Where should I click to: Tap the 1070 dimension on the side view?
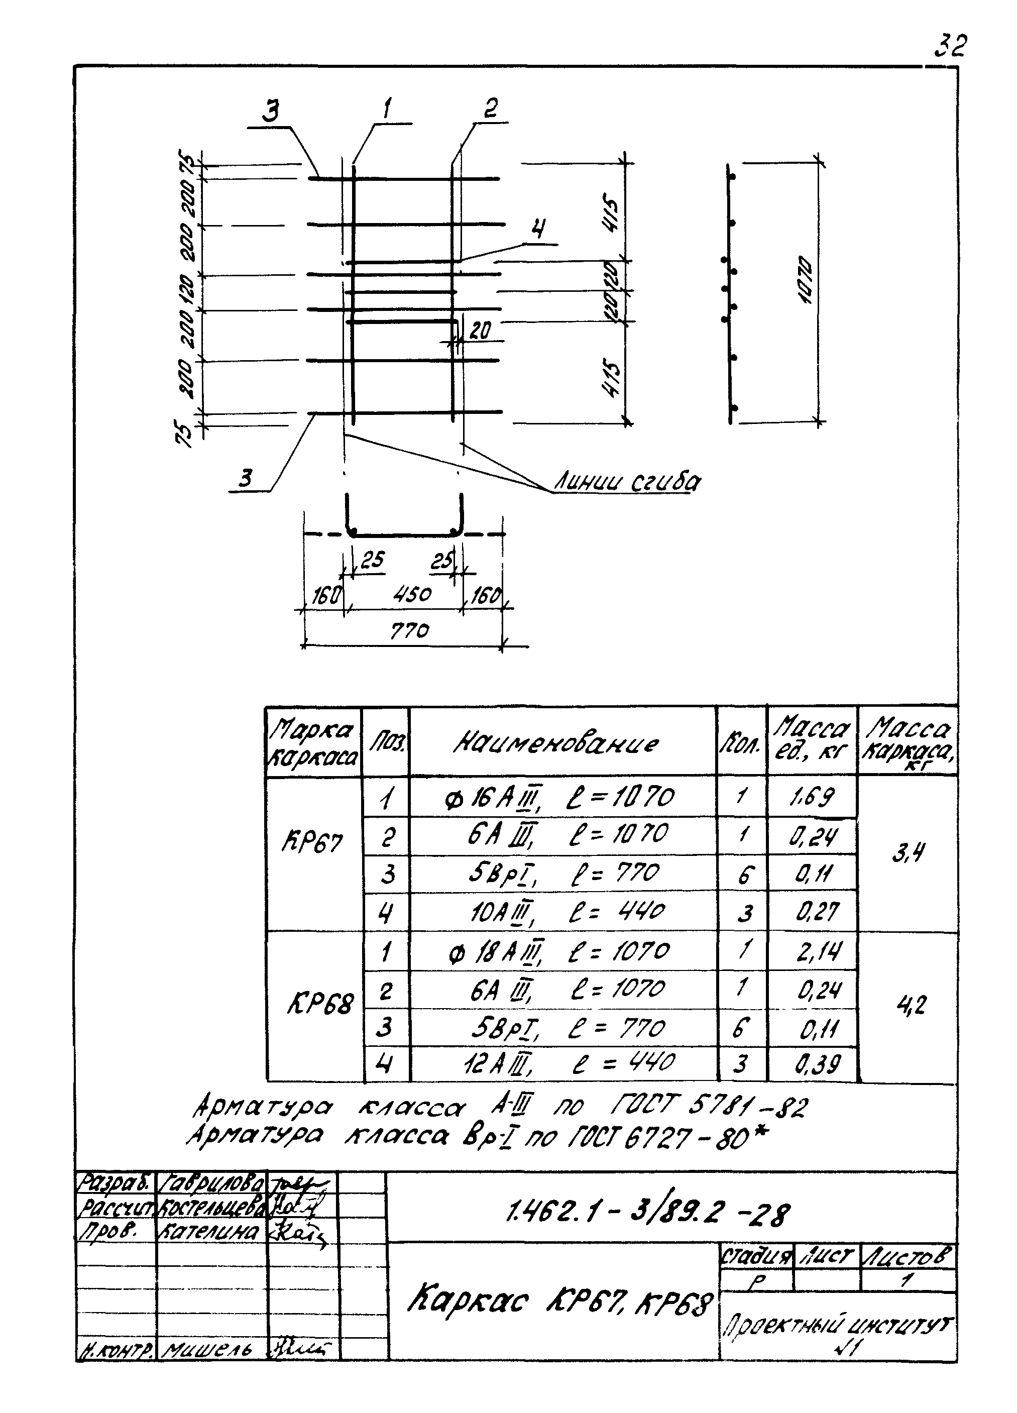[x=805, y=280]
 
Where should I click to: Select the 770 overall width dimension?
[x=410, y=631]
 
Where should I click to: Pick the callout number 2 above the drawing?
[x=490, y=109]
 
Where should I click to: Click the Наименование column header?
[x=556, y=742]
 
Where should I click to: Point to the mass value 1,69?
[x=812, y=797]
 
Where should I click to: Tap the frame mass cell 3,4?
[x=908, y=852]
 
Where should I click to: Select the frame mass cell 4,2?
[x=911, y=1004]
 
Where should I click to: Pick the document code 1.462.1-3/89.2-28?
[x=648, y=1213]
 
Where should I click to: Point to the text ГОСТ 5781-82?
[x=708, y=1107]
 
